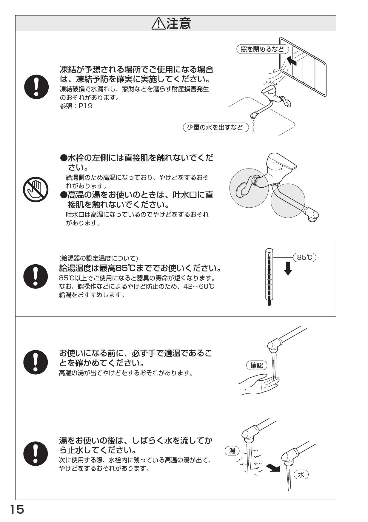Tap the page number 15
17,509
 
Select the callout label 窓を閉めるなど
263,49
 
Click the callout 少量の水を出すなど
215,128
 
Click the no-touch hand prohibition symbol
36,190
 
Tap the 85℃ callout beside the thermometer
305,257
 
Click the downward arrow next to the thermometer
288,268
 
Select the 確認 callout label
257,365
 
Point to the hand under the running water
258,385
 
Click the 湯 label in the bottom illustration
232,451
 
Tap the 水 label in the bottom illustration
301,475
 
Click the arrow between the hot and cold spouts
273,468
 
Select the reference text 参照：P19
76,106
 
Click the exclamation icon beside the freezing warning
36,87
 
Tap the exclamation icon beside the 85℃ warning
36,276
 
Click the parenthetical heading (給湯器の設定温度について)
98,258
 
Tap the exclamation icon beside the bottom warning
36,453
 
